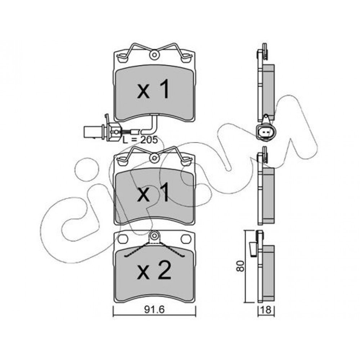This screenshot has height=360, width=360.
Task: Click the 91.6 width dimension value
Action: click(x=154, y=310)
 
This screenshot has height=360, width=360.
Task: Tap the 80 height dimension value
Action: click(x=240, y=266)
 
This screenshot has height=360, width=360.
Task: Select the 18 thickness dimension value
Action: click(x=266, y=310)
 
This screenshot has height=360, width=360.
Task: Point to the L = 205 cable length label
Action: click(x=140, y=140)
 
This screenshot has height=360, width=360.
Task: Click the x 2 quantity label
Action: click(x=154, y=271)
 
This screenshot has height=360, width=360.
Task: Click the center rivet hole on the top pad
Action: click(x=154, y=55)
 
